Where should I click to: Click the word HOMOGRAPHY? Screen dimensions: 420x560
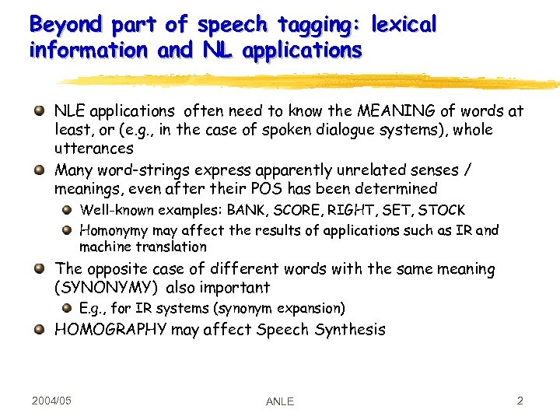click(110, 329)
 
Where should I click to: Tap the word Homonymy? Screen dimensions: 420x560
click(114, 230)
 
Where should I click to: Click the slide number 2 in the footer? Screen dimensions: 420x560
click(520, 401)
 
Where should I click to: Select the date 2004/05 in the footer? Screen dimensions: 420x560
click(52, 401)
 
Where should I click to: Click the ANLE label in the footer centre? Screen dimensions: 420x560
click(280, 401)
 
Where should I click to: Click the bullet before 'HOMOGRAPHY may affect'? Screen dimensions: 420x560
click(39, 328)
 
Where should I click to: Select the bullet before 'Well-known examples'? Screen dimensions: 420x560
click(67, 210)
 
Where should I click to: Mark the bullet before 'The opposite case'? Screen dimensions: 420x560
click(39, 268)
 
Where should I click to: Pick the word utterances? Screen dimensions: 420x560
click(94, 148)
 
